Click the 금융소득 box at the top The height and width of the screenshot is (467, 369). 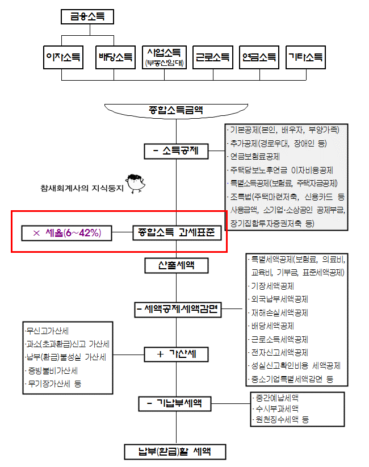pyautogui.click(x=87, y=17)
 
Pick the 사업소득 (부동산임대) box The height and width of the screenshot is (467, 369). pyautogui.click(x=164, y=57)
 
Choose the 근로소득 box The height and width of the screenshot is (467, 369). pyautogui.click(x=213, y=57)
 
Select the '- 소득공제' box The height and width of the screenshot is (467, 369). pyautogui.click(x=176, y=151)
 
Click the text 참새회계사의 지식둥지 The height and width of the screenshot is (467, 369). pyautogui.click(x=81, y=188)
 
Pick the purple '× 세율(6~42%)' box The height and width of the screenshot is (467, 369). pyautogui.click(x=67, y=232)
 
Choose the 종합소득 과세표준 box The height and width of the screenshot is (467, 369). pyautogui.click(x=177, y=232)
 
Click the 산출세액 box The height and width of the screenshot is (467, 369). pyautogui.click(x=176, y=265)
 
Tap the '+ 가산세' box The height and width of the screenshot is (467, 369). pyautogui.click(x=177, y=355)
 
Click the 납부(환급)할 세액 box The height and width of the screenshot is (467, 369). pyautogui.click(x=175, y=452)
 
